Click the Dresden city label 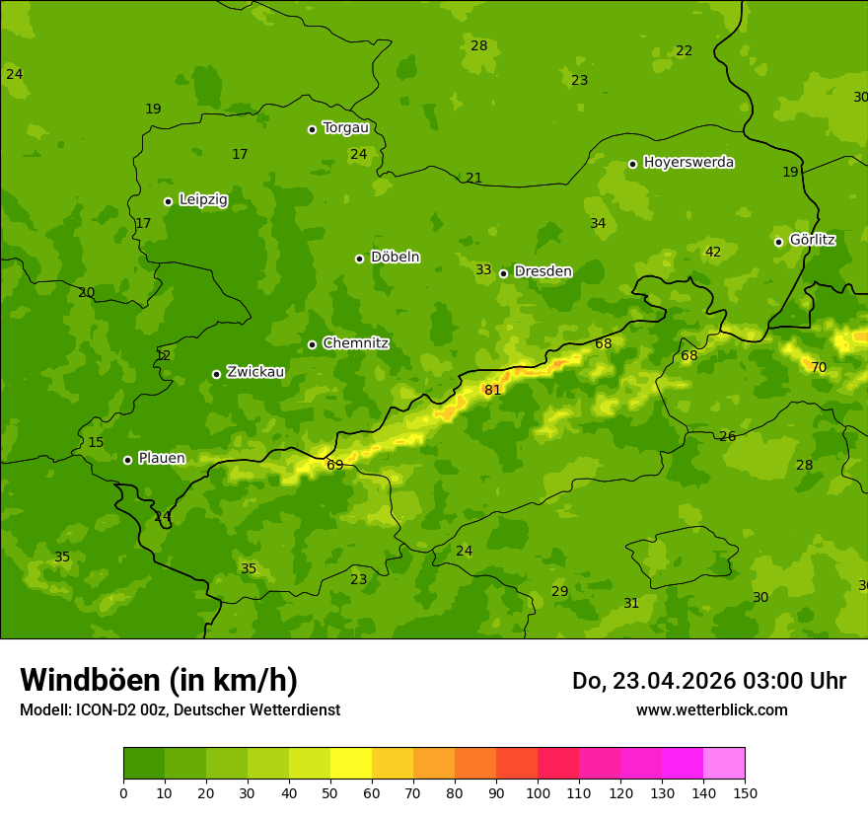pyautogui.click(x=542, y=271)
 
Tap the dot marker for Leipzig pyautogui.click(x=168, y=201)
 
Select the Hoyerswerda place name pyautogui.click(x=688, y=163)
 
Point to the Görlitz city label pyautogui.click(x=812, y=240)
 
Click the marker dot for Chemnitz pyautogui.click(x=312, y=344)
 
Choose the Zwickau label pyautogui.click(x=255, y=372)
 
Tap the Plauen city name pyautogui.click(x=161, y=458)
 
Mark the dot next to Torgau pyautogui.click(x=312, y=129)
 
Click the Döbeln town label pyautogui.click(x=395, y=257)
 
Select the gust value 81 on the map pyautogui.click(x=492, y=390)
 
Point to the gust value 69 pyautogui.click(x=335, y=465)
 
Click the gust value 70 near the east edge pyautogui.click(x=818, y=367)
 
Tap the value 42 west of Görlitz pyautogui.click(x=712, y=252)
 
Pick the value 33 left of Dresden pyautogui.click(x=483, y=269)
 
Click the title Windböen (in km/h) pyautogui.click(x=159, y=680)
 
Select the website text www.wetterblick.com pyautogui.click(x=711, y=709)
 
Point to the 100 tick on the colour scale pyautogui.click(x=538, y=792)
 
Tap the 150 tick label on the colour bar pyautogui.click(x=744, y=792)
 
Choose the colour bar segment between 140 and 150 pyautogui.click(x=724, y=763)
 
